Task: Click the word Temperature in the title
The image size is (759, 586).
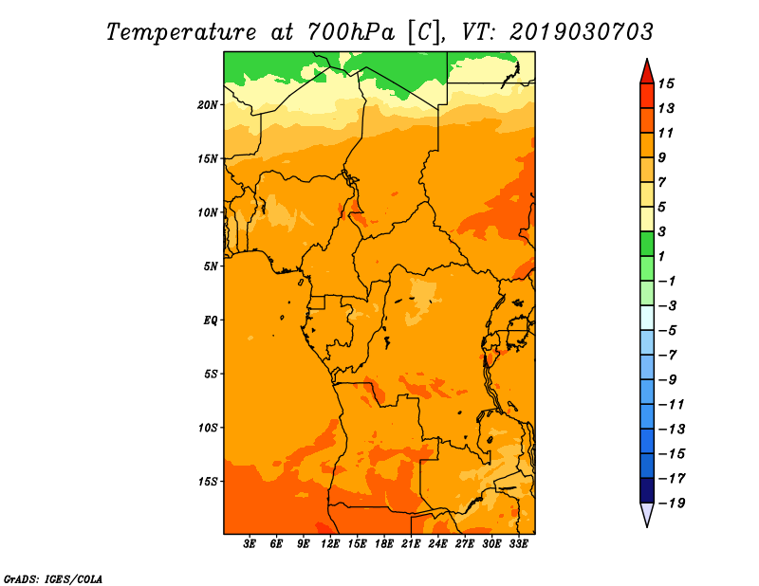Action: [181, 33]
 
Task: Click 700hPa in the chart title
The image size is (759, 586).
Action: [350, 32]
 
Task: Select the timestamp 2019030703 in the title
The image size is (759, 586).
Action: [582, 32]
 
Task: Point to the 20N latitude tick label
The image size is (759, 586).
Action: [208, 105]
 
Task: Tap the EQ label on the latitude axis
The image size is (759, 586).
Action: [210, 320]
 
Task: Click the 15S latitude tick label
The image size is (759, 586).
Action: [208, 482]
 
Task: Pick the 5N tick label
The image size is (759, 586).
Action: [211, 266]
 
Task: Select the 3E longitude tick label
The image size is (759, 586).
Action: [250, 544]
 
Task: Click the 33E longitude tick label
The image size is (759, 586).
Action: [518, 544]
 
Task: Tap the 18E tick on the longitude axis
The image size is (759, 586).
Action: [384, 544]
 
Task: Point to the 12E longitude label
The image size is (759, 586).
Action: [330, 544]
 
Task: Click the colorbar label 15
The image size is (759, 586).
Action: [666, 83]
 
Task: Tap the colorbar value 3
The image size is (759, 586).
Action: [662, 231]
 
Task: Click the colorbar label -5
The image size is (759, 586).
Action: [668, 331]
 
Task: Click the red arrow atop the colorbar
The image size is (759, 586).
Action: [647, 72]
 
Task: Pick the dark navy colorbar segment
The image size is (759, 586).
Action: [647, 490]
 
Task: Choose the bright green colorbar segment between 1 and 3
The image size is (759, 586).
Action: [647, 244]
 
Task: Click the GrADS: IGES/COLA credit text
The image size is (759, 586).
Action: [53, 579]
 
